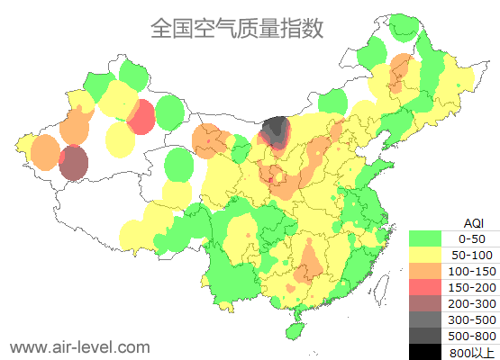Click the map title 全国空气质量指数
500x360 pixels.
coord(237,29)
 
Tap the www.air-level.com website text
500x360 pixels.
coord(79,346)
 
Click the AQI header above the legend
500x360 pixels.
coord(473,222)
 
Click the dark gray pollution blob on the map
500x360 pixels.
coord(275,133)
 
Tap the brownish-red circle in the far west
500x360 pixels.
coord(74,164)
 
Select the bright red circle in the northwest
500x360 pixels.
coord(141,117)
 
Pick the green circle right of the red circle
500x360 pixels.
coord(169,112)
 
